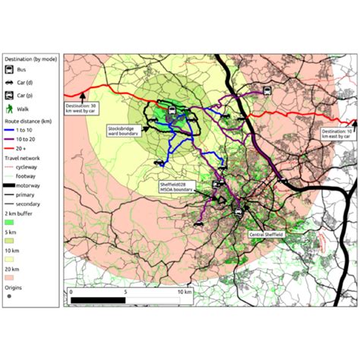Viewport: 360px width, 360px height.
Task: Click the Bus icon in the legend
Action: click(x=10, y=69)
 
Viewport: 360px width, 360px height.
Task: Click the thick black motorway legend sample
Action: click(x=12, y=186)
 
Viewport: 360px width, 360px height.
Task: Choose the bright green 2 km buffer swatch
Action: click(x=10, y=222)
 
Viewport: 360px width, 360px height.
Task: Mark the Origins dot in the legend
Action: click(x=9, y=295)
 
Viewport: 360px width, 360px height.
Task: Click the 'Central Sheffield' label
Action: click(x=266, y=235)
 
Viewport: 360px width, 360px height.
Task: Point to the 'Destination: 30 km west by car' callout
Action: click(x=81, y=107)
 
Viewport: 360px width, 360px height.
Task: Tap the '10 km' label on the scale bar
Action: click(x=185, y=291)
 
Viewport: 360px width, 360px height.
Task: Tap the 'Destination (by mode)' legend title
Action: click(x=31, y=58)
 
